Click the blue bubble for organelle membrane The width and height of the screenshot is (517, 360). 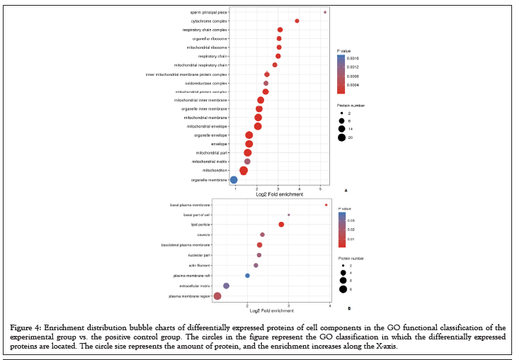[234, 179]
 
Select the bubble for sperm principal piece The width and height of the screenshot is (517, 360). [325, 12]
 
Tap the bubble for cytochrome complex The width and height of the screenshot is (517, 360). [297, 21]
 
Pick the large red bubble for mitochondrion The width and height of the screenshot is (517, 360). [244, 170]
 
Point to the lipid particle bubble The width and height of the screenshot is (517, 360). [281, 225]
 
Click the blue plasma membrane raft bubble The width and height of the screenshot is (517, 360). [247, 276]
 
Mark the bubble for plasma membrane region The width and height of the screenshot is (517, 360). [217, 296]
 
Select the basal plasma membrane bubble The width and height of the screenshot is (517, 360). [326, 205]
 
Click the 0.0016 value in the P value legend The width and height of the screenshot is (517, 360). [354, 58]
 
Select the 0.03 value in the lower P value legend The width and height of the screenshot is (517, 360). [351, 220]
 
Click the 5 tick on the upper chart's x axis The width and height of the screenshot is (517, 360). [320, 189]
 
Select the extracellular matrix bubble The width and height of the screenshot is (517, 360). [226, 286]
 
